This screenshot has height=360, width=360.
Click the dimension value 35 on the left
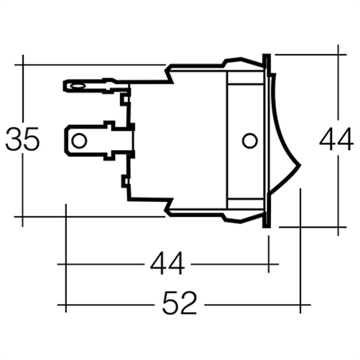(22, 140)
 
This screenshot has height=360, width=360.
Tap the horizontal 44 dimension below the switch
(167, 264)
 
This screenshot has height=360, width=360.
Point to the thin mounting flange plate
(268, 140)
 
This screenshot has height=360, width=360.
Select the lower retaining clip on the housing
(172, 209)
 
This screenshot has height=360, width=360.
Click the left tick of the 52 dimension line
(66, 305)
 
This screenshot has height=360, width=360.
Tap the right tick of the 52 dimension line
(300, 305)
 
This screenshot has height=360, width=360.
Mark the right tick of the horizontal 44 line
(268, 264)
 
